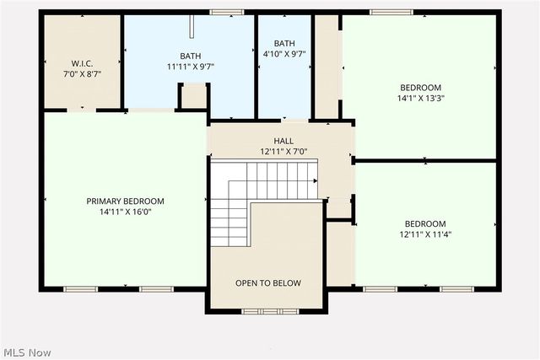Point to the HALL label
(283, 141)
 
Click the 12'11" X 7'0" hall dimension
(283, 153)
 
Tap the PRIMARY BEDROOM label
(125, 201)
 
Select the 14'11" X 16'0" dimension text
(125, 212)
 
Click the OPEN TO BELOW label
(268, 283)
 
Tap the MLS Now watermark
(27, 351)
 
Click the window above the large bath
(222, 12)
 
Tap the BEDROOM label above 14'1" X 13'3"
(421, 87)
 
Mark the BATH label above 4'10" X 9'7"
(284, 43)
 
